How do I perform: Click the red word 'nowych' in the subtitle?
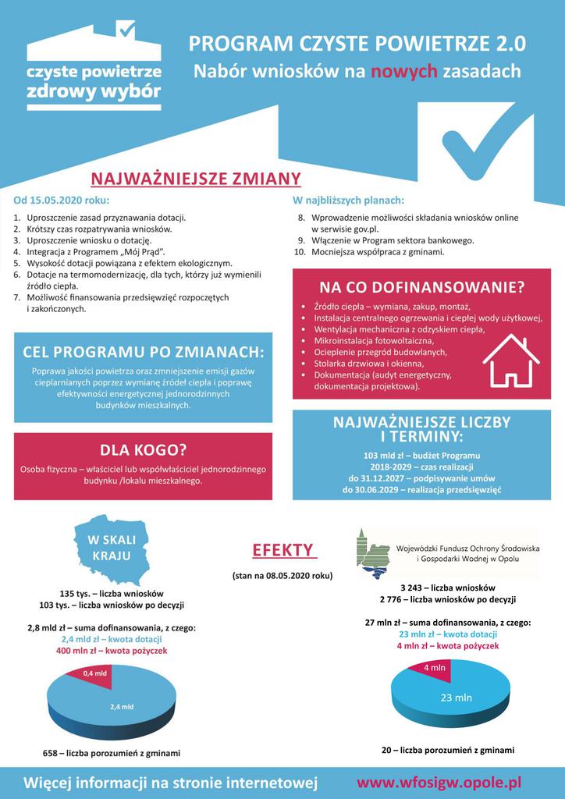click(x=403, y=73)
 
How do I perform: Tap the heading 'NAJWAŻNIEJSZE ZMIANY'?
click(x=196, y=179)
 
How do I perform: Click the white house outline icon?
click(x=511, y=360)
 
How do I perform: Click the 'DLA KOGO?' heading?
click(x=143, y=450)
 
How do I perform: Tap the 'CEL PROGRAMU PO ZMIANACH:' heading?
click(x=143, y=352)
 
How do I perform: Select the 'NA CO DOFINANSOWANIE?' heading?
click(x=421, y=287)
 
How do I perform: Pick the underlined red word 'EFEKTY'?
click(x=282, y=550)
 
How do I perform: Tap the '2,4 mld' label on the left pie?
click(x=122, y=707)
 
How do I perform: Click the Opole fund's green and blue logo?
click(x=372, y=553)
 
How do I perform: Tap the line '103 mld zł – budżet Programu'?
click(x=421, y=455)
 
